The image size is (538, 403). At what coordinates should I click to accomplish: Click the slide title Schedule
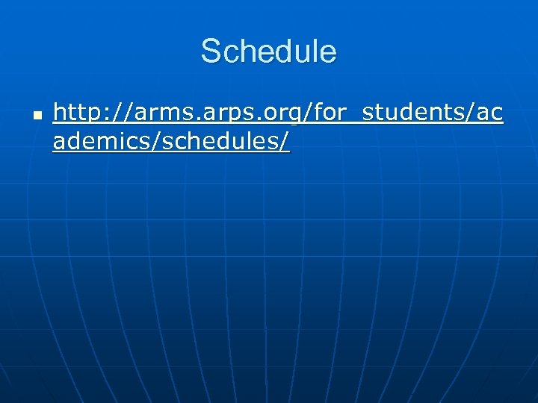coord(268,51)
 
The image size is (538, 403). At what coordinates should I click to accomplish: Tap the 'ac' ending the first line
coord(489,115)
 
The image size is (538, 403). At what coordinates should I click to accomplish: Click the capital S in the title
coord(211,51)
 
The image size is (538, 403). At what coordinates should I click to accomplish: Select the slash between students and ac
coord(467,113)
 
